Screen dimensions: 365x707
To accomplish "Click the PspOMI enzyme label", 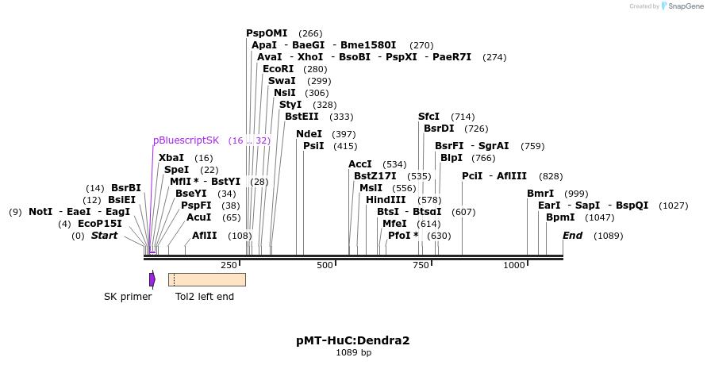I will pos(267,33).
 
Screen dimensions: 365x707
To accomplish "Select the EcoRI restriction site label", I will pos(278,69).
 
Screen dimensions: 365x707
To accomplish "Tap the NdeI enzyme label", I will pos(309,134).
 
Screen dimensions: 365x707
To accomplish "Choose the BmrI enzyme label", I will pos(540,194).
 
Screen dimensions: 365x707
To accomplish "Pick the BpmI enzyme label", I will pos(560,217).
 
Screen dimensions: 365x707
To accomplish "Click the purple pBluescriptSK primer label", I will pos(186,140).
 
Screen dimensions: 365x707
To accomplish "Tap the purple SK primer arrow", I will pos(152,279).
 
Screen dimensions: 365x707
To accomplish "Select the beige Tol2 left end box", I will pos(206,279).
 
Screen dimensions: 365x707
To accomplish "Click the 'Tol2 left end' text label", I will pos(205,297).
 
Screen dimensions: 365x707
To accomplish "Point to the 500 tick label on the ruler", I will pos(325,265).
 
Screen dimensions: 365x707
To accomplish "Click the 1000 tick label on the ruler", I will pos(514,265).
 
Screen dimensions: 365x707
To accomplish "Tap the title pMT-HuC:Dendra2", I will pos(353,340).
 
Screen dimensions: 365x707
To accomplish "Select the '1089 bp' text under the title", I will pos(353,352).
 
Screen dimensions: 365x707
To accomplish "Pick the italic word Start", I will pos(104,236).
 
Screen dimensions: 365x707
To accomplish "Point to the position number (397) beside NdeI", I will pos(344,134).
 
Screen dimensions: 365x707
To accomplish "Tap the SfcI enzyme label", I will pos(428,117).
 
